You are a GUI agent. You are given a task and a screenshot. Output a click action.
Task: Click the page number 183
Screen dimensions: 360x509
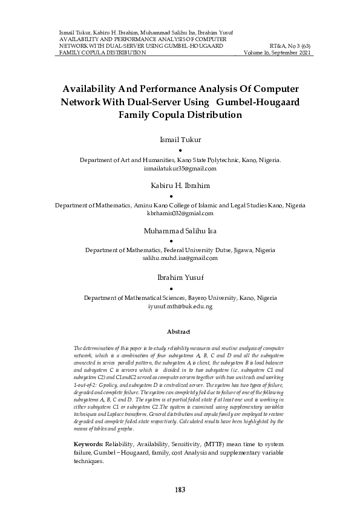click(x=180, y=490)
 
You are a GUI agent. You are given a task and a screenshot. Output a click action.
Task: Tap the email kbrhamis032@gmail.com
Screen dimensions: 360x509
click(x=180, y=213)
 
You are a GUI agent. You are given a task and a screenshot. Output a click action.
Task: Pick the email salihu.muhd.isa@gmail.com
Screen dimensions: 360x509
click(x=180, y=258)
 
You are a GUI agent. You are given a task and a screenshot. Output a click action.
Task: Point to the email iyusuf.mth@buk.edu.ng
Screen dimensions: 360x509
click(x=180, y=306)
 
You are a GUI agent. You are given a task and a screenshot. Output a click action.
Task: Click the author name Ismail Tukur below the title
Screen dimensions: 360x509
click(x=180, y=140)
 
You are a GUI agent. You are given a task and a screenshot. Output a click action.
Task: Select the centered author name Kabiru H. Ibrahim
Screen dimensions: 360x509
click(x=180, y=185)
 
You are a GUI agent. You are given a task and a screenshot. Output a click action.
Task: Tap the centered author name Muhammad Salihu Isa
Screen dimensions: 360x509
click(x=180, y=231)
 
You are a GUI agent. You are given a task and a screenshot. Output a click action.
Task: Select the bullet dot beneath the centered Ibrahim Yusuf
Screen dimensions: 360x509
click(x=180, y=289)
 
